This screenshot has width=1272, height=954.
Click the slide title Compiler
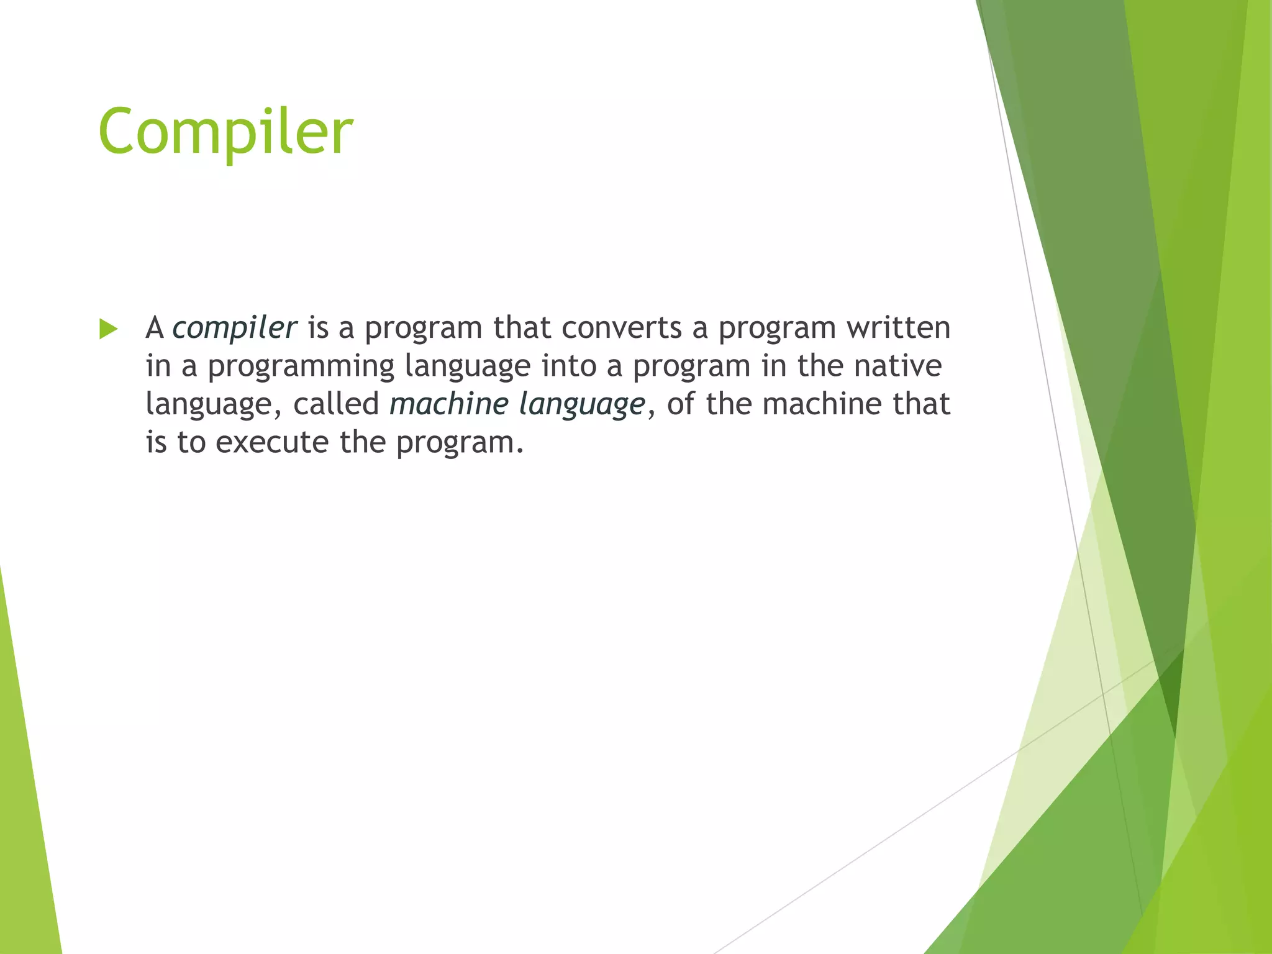225,132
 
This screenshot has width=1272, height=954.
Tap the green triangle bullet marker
108,329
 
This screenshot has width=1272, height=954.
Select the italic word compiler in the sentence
234,328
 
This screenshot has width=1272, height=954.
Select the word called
335,404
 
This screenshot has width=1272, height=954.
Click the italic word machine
448,404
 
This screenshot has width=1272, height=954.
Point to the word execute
271,443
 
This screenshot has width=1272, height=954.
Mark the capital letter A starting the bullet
155,328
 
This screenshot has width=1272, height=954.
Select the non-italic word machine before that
822,404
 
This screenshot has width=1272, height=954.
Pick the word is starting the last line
156,443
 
